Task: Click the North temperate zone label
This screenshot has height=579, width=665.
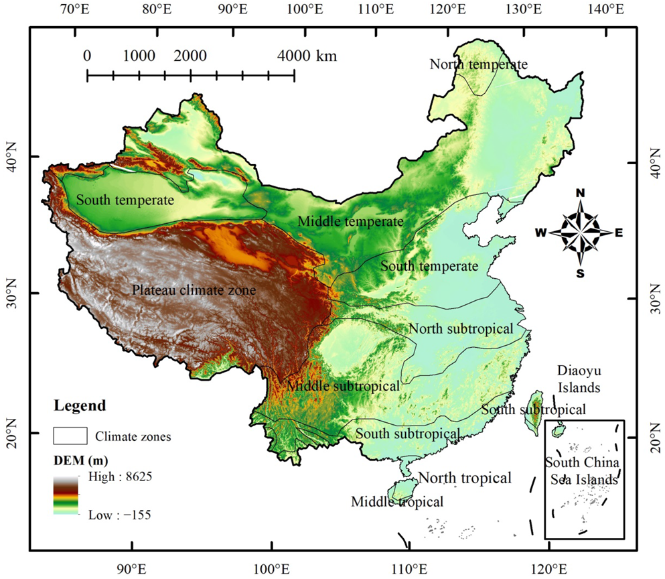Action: tap(478, 64)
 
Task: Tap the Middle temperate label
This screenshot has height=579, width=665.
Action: tap(350, 221)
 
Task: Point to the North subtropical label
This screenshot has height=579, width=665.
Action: tap(461, 329)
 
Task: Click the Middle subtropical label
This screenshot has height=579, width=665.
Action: tap(343, 386)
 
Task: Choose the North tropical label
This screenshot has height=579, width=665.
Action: tap(465, 478)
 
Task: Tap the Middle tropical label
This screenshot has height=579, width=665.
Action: tap(396, 501)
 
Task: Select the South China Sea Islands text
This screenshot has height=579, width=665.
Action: tap(581, 470)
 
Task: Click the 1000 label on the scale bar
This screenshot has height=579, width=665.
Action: tap(139, 56)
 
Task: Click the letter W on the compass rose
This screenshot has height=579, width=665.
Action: tap(540, 233)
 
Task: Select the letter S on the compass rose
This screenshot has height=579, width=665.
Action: tap(580, 273)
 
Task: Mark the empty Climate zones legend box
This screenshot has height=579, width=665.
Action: tap(70, 436)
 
